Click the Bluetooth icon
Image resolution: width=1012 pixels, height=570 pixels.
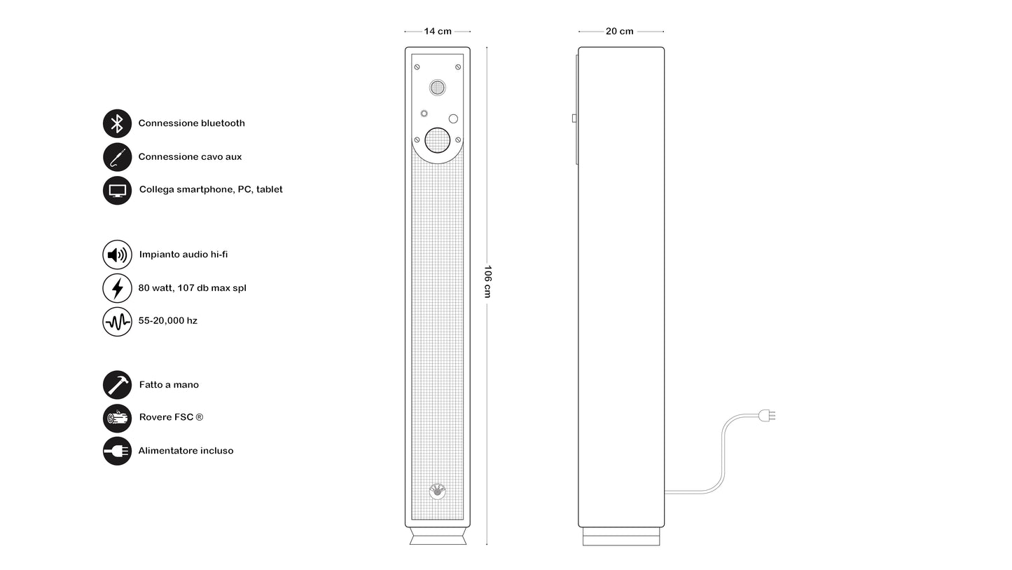117,123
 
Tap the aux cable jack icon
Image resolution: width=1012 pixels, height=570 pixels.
117,157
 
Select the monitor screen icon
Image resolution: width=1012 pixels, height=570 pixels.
117,191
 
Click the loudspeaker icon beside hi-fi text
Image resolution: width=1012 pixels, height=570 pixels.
117,255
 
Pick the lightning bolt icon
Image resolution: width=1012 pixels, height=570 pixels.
117,288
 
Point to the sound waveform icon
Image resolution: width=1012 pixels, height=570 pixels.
117,322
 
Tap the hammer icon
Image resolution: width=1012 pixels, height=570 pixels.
117,385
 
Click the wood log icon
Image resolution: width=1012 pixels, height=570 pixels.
117,419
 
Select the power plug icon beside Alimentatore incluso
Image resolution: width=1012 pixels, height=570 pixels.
117,451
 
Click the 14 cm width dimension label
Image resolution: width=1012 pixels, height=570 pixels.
437,32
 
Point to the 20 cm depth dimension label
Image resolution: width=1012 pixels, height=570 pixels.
619,32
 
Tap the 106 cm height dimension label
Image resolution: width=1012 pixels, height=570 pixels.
487,281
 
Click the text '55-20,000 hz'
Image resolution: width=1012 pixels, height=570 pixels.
167,320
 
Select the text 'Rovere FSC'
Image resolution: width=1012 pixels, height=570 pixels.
166,417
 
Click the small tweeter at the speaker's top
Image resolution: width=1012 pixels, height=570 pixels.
437,88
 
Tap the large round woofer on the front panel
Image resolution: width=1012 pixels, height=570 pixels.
437,140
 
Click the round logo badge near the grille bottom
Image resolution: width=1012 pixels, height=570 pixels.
437,491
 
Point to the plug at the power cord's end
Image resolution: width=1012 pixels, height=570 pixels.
767,415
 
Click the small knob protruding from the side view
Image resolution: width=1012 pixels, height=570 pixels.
574,118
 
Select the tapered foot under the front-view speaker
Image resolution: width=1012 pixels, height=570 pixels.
438,536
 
